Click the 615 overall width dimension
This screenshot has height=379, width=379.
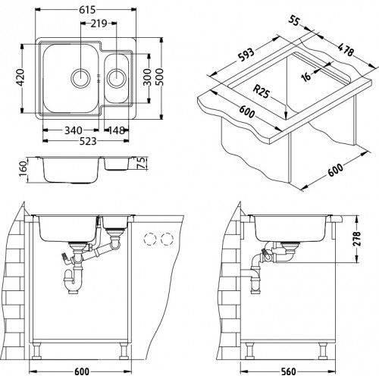(87, 10)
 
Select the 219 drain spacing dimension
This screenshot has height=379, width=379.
(99, 23)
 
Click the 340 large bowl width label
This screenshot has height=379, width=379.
(74, 130)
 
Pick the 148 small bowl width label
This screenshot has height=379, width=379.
(117, 130)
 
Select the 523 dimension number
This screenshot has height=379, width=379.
(88, 141)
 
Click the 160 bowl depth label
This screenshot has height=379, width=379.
(23, 168)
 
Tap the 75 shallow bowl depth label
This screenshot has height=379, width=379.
(142, 163)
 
